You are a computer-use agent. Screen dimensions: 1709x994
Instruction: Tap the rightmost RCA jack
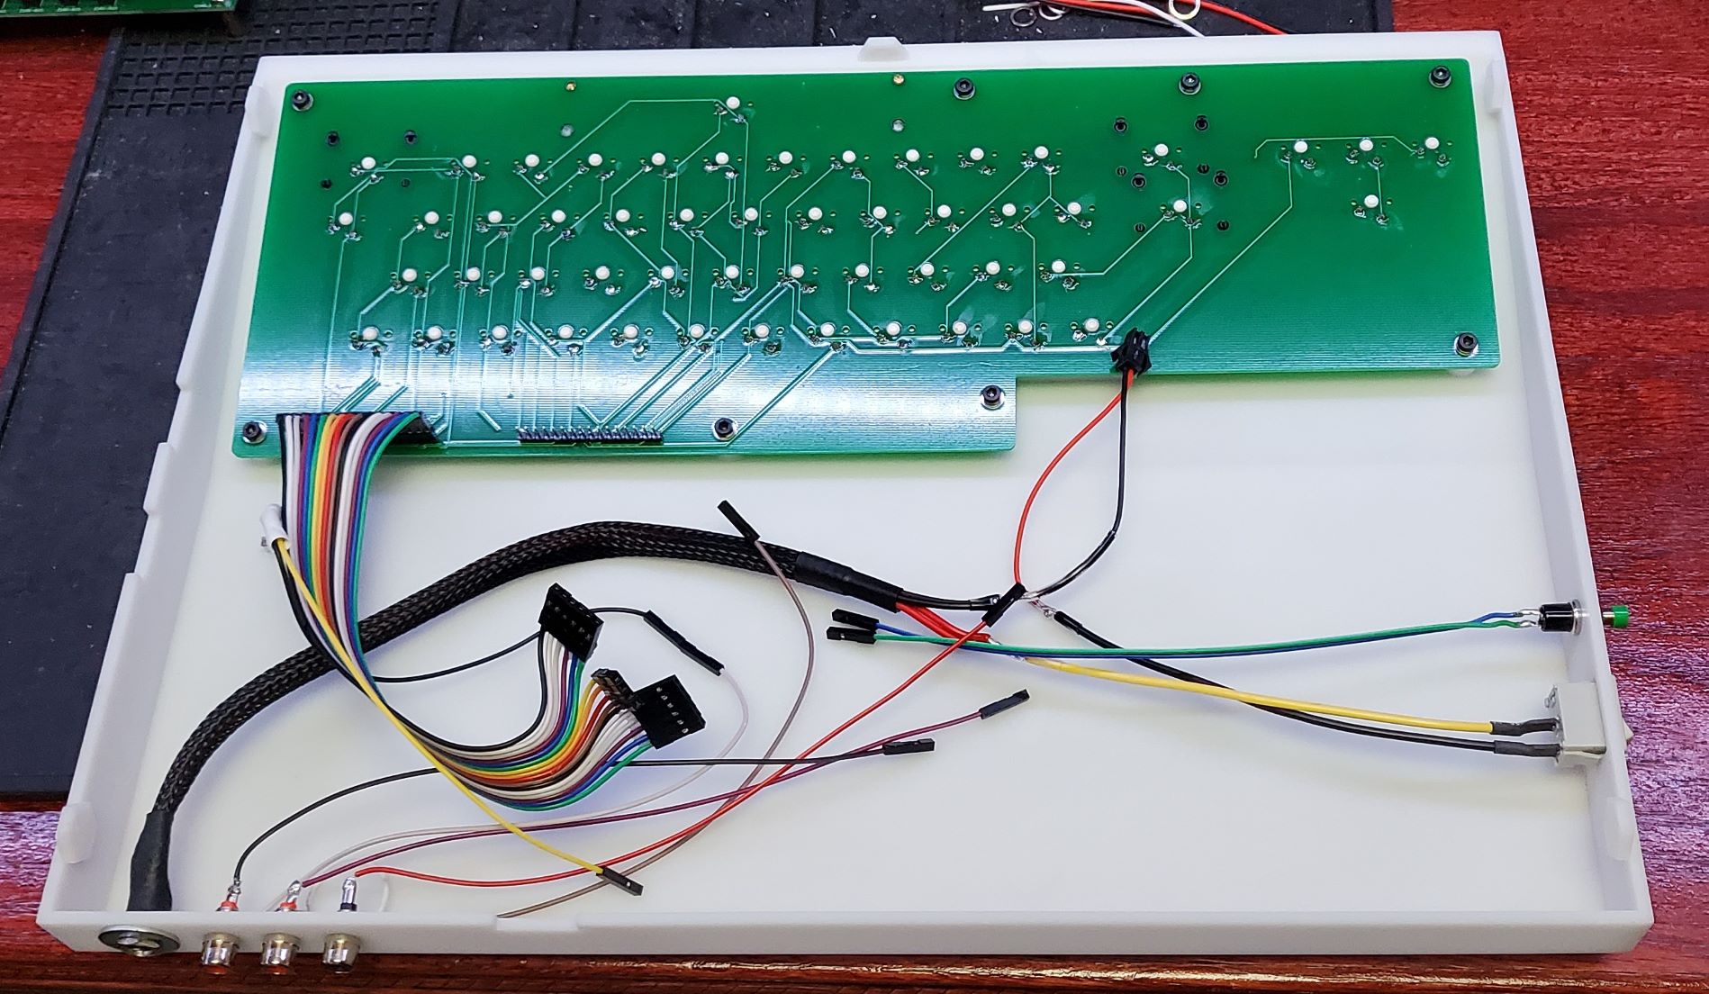coord(339,948)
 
